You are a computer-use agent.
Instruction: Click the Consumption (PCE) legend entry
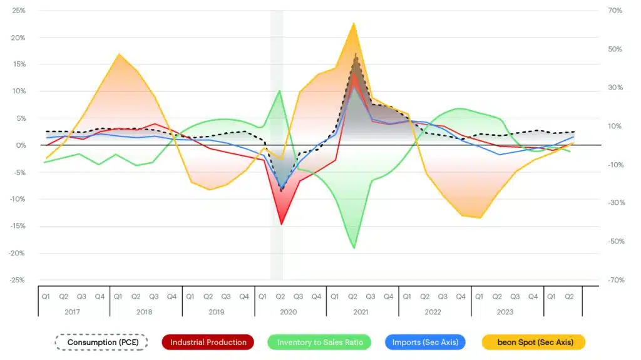pos(101,342)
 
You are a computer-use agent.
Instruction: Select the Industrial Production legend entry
pos(208,342)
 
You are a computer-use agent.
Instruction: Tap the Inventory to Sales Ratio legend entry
pos(319,342)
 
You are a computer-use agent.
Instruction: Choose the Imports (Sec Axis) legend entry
pos(425,342)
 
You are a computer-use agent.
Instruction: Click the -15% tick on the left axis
pos(17,226)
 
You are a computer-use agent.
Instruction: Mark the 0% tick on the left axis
pos(20,145)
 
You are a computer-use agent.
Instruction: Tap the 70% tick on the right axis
pos(615,11)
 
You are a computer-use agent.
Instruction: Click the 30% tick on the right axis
pos(615,88)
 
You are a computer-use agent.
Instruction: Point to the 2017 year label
pos(73,312)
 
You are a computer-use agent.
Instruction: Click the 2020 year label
pos(289,312)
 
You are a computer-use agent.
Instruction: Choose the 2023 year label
pos(505,312)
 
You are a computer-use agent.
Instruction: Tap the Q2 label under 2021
pos(352,297)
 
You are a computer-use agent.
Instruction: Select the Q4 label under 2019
pos(244,297)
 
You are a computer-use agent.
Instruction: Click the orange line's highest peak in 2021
pos(354,23)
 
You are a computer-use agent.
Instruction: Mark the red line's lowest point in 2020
pos(282,224)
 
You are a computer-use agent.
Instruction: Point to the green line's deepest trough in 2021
pos(354,248)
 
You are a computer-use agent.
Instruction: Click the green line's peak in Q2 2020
pos(279,91)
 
